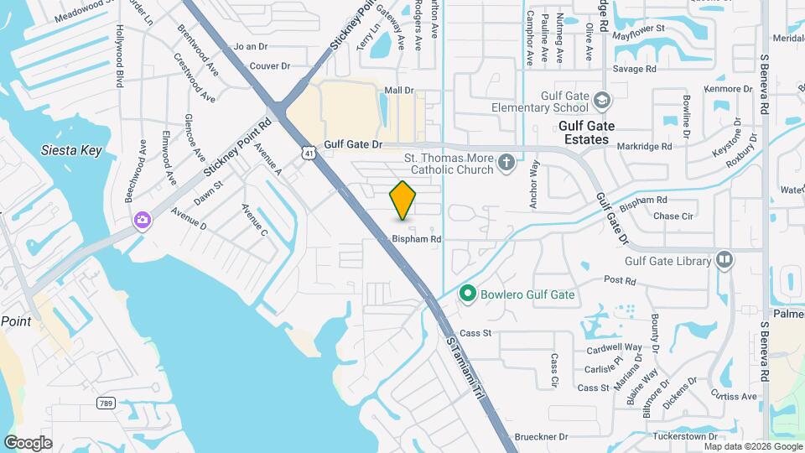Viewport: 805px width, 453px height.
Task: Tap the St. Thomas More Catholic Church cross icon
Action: click(x=506, y=161)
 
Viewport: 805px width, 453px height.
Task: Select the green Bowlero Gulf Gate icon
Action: click(x=466, y=294)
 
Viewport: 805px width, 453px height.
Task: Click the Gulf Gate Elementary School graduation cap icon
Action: click(x=601, y=102)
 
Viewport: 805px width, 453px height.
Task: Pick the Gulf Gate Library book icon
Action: click(x=724, y=261)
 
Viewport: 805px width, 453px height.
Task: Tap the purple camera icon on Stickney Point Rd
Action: click(x=143, y=220)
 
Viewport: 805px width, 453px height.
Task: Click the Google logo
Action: click(x=28, y=443)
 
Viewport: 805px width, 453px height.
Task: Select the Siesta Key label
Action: click(x=71, y=151)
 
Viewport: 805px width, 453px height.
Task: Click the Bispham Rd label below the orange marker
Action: click(x=417, y=239)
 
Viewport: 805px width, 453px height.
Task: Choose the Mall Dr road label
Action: click(x=399, y=90)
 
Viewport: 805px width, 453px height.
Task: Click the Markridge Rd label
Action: click(x=645, y=146)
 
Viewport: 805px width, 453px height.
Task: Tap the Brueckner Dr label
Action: click(x=541, y=436)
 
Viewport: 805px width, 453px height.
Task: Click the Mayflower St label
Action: click(x=638, y=29)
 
